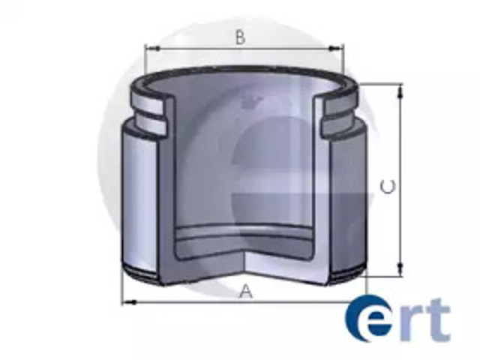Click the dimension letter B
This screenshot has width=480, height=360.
click(241, 38)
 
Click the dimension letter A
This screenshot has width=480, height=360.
click(246, 291)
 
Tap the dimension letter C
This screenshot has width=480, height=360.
click(388, 187)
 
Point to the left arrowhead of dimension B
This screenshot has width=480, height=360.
click(152, 48)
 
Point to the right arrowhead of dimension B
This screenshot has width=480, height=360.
click(335, 48)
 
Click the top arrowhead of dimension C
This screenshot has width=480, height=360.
click(400, 91)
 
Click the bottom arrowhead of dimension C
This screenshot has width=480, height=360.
click(400, 268)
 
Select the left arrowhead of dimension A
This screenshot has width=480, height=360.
click(130, 302)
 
